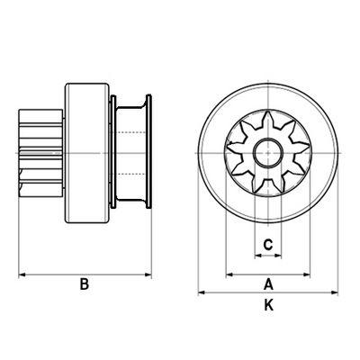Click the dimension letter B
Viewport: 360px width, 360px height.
tap(85, 284)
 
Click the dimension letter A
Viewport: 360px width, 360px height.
tap(268, 284)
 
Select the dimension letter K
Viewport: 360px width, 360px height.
tap(269, 305)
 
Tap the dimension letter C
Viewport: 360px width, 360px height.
tap(267, 245)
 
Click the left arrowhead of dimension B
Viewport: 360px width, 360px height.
tap(22, 274)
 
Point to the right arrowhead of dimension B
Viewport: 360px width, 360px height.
tap(148, 274)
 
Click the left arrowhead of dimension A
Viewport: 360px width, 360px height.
tap(229, 274)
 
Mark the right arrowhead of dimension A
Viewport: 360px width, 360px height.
tap(306, 274)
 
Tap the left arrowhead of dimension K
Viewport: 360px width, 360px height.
tap(202, 292)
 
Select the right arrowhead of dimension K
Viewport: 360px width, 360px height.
tap(335, 292)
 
